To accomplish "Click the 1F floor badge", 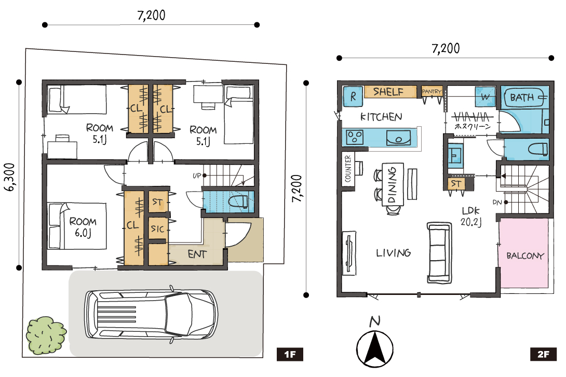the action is [x=290, y=354].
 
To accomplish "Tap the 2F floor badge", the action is [x=543, y=354].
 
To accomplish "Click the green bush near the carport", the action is [x=46, y=335].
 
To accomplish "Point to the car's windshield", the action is [x=178, y=314].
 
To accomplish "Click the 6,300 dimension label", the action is [x=10, y=177].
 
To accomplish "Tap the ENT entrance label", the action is [x=197, y=254].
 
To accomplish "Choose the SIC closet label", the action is [x=157, y=228].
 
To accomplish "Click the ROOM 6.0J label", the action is [x=83, y=227].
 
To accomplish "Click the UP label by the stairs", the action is [x=197, y=176].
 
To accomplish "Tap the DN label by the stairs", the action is [x=497, y=203].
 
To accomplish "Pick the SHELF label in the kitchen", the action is [x=388, y=92].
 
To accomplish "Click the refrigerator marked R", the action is [x=353, y=97].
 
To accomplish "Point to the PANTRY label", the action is [x=432, y=91].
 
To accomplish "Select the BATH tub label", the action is [x=522, y=97].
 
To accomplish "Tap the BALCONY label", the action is [x=525, y=256].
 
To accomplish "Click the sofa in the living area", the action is [x=439, y=253].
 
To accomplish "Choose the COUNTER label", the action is [x=348, y=169].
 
